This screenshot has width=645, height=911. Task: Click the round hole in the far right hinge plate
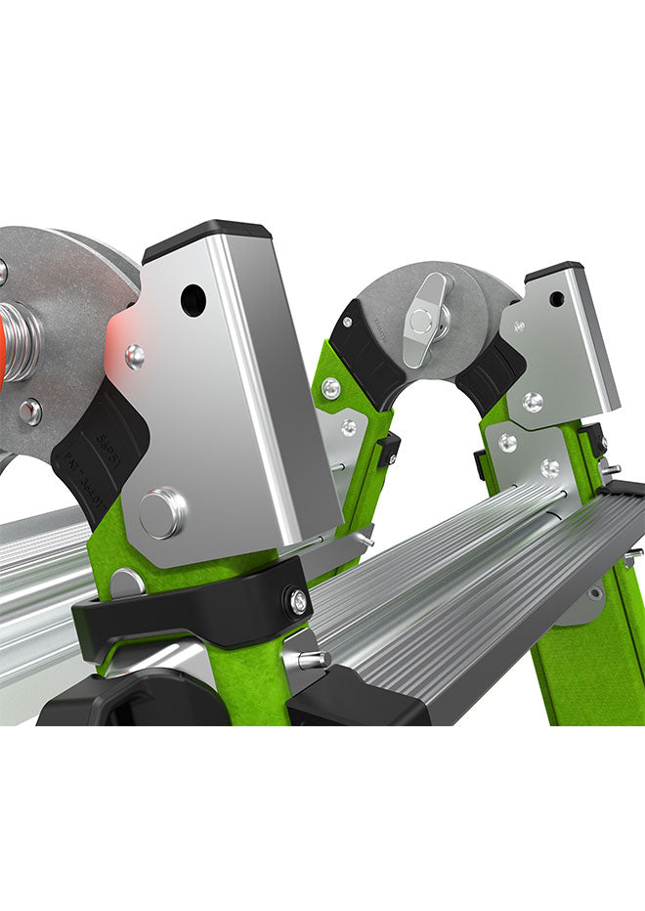tap(556, 299)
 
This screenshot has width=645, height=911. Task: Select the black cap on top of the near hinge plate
tap(207, 238)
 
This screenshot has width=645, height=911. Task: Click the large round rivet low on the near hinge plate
tap(161, 513)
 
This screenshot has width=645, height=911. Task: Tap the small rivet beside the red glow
tap(136, 357)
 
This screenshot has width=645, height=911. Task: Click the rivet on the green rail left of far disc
tap(332, 389)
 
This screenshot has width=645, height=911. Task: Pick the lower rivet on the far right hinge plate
tap(533, 401)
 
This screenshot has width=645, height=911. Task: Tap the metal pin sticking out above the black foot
tap(312, 661)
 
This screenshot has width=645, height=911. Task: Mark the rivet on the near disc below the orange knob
tap(30, 412)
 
